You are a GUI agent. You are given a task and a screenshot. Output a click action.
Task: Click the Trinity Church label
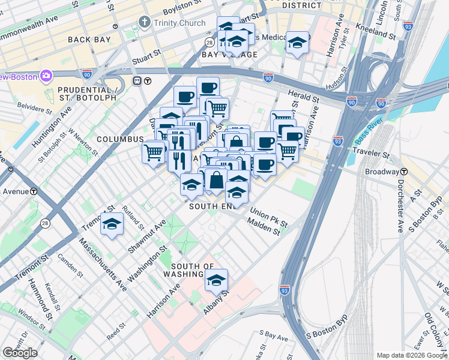point(180,23)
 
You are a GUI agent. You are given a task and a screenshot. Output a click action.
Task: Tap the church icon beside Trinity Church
point(145,23)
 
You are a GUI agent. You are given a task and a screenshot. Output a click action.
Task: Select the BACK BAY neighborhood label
point(89,39)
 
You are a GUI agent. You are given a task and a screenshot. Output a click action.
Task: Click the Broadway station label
point(382,172)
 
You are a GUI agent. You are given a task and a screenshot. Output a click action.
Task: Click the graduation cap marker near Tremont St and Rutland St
point(112,224)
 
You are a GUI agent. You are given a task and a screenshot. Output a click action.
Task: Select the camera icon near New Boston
point(46,76)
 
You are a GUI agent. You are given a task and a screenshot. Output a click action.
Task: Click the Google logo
point(20,353)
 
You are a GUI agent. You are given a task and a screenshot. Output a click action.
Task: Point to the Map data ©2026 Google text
point(412,355)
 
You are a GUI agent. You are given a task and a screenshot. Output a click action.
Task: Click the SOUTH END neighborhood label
point(214,206)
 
